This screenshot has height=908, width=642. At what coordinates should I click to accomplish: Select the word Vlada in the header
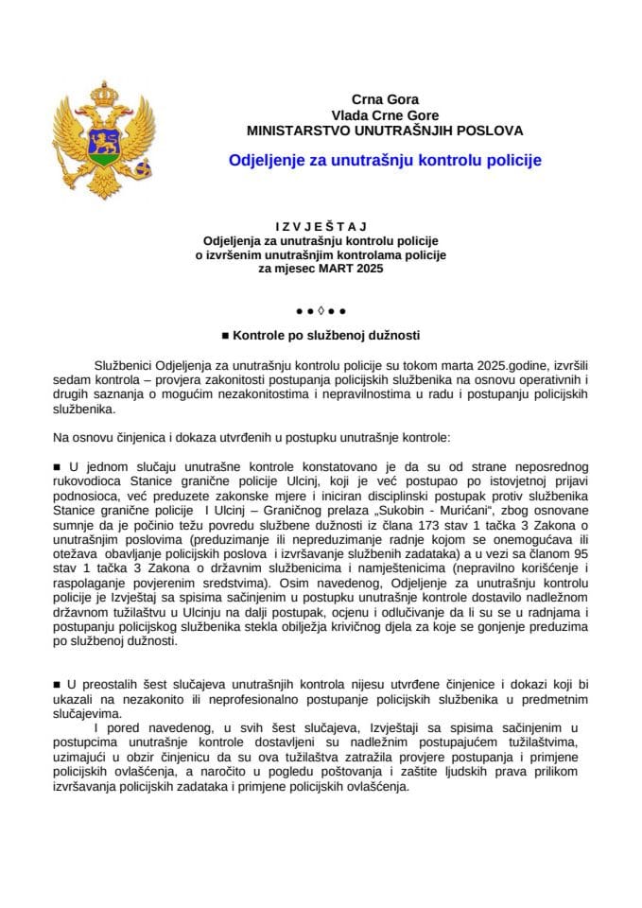349,114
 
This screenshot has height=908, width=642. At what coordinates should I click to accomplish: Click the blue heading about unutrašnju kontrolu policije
385,161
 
